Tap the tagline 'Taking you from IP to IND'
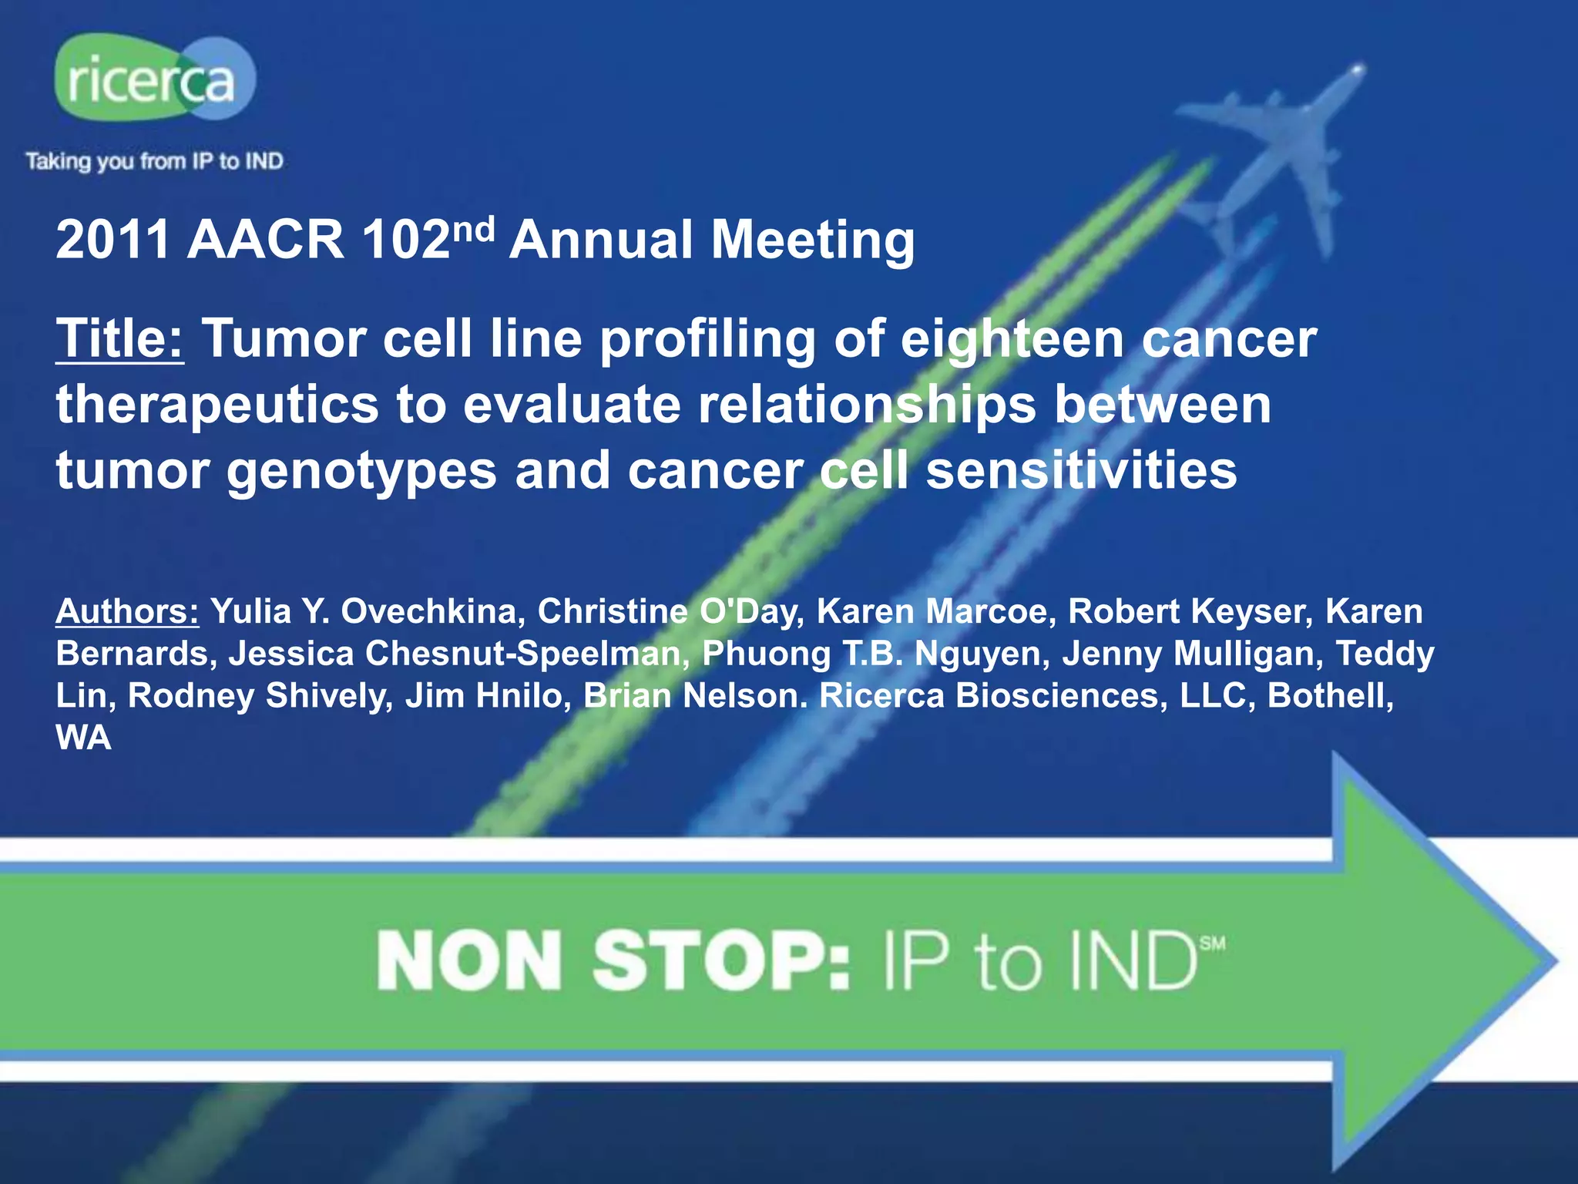154,161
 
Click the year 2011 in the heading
112,240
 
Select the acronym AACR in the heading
265,240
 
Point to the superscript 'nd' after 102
472,229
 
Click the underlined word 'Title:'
119,338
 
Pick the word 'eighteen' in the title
1012,340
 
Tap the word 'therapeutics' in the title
217,405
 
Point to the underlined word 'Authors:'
127,611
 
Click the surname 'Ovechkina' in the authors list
428,611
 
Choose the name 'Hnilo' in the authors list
520,695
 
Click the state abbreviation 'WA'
83,738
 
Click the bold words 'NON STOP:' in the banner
613,961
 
